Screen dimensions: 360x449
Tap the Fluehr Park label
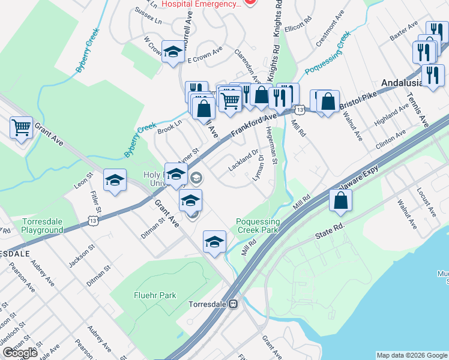[x=155, y=295]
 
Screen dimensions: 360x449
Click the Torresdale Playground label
[x=42, y=226]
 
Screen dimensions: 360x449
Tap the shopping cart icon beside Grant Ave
[x=21, y=127]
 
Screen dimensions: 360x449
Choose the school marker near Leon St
[x=115, y=180]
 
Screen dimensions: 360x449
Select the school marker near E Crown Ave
[x=173, y=52]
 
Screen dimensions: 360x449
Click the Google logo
[x=20, y=353]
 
